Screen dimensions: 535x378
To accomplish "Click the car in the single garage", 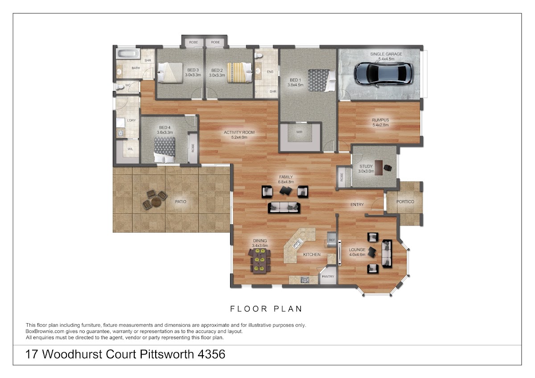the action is coord(383,74).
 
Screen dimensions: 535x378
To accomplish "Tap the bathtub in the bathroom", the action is coord(128,54).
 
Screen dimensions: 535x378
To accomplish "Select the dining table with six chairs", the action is coord(260,261).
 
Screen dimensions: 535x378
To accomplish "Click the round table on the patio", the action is coord(156,202).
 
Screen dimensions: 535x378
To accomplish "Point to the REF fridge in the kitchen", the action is coord(331,239).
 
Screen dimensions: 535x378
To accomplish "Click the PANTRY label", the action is coord(328,276).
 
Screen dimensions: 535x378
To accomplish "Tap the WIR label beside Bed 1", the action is coord(299,132).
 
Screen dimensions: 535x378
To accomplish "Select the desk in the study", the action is coord(379,168).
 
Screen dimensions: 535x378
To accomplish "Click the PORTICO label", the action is coord(405,202).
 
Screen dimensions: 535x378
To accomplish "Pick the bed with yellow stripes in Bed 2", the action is coord(239,73).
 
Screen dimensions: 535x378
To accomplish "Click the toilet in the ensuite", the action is coord(259,56).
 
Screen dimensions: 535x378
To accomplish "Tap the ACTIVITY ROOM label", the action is coord(239,132).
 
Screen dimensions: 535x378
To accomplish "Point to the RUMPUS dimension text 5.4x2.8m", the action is coord(380,125).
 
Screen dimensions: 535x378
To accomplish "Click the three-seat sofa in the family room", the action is coord(284,207).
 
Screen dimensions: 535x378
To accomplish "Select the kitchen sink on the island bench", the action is coord(297,243).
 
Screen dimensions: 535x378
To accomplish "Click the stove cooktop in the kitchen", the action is coord(305,279).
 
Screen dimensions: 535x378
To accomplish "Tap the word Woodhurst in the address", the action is coord(72,354).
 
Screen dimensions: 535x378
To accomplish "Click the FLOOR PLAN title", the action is coord(266,309).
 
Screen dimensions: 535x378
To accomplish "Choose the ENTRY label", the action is coord(357,205).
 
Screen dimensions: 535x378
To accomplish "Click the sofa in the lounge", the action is coord(387,254).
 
